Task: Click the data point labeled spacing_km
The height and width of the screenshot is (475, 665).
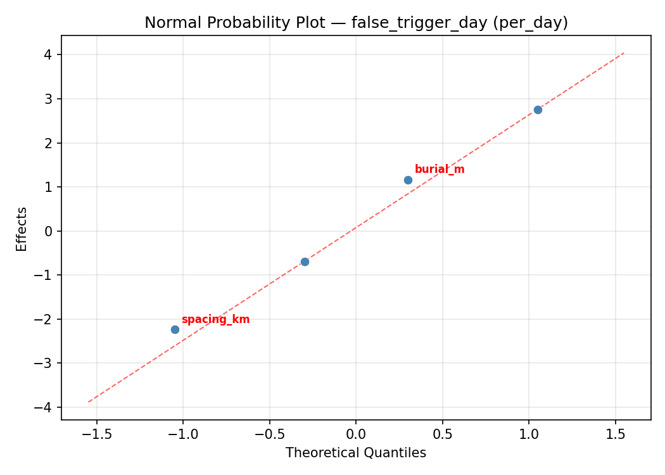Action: (175, 329)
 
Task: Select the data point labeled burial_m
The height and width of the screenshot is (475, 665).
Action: (408, 180)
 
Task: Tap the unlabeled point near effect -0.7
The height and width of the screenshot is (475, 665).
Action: (305, 262)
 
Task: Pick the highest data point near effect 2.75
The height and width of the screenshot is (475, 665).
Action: (538, 110)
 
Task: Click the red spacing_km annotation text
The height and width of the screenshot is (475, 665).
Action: (215, 319)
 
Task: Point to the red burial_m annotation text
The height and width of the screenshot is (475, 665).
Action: (440, 169)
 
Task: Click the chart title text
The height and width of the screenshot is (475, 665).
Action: (356, 23)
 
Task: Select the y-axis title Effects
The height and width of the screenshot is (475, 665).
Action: (22, 229)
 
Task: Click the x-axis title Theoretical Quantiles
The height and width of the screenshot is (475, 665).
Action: (356, 453)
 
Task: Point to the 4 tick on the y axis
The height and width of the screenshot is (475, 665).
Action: (48, 55)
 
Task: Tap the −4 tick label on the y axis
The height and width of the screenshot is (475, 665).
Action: (44, 407)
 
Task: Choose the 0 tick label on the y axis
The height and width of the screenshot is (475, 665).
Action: (48, 231)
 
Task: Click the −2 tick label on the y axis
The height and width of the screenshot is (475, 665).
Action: (44, 319)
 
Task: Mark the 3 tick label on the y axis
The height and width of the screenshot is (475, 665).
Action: (48, 99)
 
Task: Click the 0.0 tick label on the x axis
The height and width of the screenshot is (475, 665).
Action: (356, 434)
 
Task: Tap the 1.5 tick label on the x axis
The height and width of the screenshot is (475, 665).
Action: (615, 434)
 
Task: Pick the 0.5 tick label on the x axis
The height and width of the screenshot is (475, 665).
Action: (442, 434)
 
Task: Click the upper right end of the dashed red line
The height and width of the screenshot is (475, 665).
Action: (624, 53)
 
